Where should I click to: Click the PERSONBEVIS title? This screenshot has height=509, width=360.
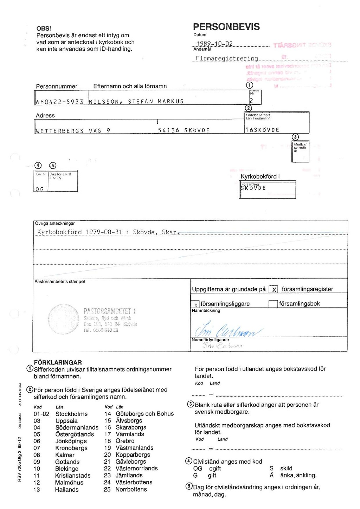point(226,27)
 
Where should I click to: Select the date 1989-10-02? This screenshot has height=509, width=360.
point(214,44)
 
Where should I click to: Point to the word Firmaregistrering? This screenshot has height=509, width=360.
point(227,59)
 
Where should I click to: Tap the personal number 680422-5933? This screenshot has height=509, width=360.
point(60,102)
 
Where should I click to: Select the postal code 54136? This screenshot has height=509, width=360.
point(168,130)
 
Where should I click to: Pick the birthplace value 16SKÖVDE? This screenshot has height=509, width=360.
point(262,130)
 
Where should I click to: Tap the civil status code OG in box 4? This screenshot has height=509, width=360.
point(39,189)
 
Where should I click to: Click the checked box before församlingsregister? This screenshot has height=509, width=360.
point(274,289)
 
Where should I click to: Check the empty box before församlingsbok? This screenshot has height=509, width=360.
point(273,304)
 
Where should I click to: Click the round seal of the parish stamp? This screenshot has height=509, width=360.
point(63,319)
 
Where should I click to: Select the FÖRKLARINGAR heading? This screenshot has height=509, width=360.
point(58,362)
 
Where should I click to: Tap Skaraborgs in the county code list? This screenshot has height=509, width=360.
point(131,427)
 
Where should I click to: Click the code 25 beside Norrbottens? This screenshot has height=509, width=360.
point(107,489)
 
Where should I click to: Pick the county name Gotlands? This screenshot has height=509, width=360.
point(67,462)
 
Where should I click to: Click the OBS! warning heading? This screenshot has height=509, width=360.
point(44,28)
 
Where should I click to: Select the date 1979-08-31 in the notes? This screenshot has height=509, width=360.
point(104,232)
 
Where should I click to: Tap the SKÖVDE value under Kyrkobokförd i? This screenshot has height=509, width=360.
point(253,188)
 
